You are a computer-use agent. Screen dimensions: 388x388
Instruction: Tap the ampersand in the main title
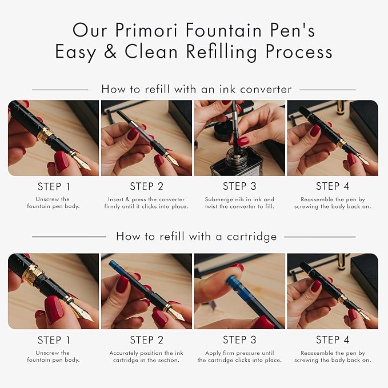pyautogui.click(x=110, y=51)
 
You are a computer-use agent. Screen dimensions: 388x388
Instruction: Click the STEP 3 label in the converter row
pyautogui.click(x=239, y=186)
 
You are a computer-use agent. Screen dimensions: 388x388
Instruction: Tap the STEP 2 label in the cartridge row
pyautogui.click(x=146, y=340)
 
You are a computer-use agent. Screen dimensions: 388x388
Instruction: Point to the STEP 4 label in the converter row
pyautogui.click(x=333, y=186)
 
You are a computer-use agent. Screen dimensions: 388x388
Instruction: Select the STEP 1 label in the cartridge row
pyautogui.click(x=54, y=340)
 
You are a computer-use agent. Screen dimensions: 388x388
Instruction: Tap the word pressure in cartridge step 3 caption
pyautogui.click(x=247, y=353)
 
